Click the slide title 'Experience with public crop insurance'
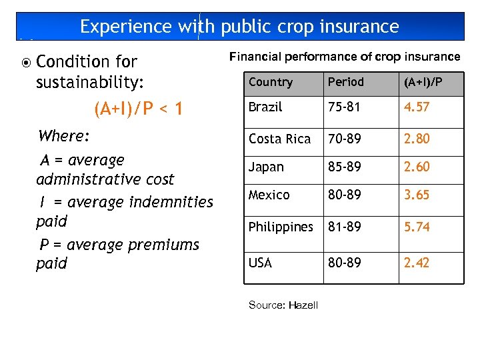click(239, 27)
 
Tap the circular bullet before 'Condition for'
click(25, 63)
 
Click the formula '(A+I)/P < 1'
click(139, 108)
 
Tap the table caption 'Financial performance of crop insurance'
click(345, 57)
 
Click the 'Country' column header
click(271, 82)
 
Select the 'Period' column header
click(345, 82)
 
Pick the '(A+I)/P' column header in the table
click(423, 82)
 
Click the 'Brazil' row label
click(265, 107)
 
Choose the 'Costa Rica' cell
click(279, 139)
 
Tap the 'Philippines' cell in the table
click(281, 227)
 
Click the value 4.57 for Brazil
click(417, 107)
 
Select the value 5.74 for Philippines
click(417, 227)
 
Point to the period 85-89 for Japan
click(344, 167)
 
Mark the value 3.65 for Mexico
click(417, 195)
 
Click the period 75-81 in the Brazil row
click(343, 107)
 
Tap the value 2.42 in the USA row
click(417, 263)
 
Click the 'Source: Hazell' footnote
click(283, 305)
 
